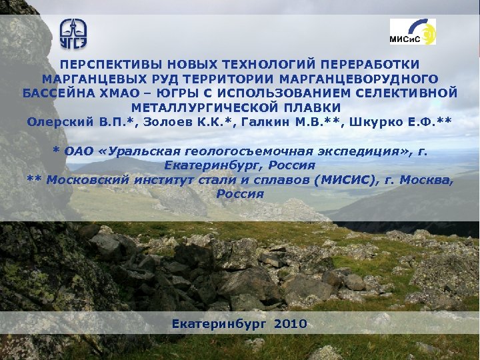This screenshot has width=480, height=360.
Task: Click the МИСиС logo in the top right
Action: (413, 32)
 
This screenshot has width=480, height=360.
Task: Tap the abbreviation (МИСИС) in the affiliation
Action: (344, 180)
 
